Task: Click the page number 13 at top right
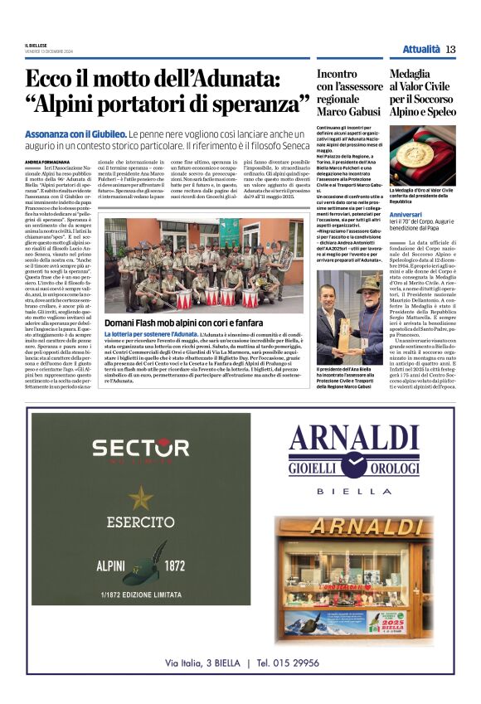tap(450, 49)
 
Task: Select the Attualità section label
tap(421, 49)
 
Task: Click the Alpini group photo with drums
tap(204, 265)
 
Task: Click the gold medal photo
tap(422, 155)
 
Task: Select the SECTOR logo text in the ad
tap(140, 449)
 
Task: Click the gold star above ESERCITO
tap(140, 498)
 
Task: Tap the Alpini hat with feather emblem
tap(146, 563)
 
